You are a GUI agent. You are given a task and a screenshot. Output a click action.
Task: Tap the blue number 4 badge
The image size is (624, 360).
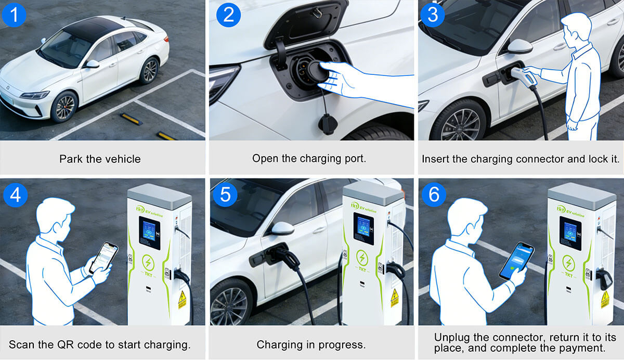[14, 195]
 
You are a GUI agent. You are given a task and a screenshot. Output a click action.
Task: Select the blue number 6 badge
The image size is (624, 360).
[433, 195]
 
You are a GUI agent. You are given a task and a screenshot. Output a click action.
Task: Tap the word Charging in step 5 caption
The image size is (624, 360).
[278, 344]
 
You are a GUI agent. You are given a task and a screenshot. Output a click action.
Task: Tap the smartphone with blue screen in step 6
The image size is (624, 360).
[516, 260]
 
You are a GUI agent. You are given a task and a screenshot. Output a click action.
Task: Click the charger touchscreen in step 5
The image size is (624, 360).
[363, 230]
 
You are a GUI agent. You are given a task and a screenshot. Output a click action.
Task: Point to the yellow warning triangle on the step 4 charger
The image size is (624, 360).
[182, 299]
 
